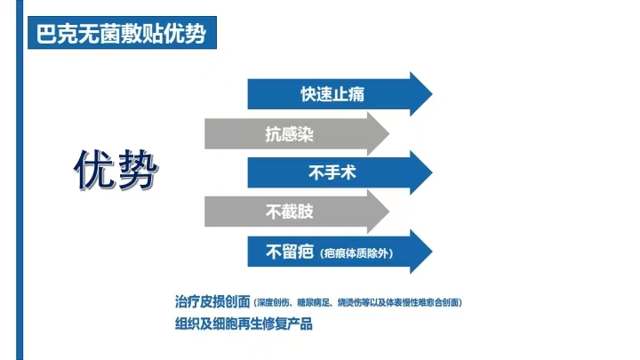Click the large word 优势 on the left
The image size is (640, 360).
point(116,170)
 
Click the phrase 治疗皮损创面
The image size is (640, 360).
point(212,301)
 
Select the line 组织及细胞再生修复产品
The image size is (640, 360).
point(244,324)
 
